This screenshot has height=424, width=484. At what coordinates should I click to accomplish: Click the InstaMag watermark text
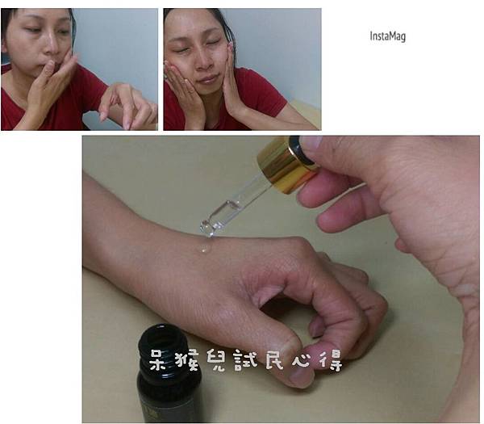388,36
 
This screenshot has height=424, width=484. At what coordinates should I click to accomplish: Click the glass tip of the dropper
207,228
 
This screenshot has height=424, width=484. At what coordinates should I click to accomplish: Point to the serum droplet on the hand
205,248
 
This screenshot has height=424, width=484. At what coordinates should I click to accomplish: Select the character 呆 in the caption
161,359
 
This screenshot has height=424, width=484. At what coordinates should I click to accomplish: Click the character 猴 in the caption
187,359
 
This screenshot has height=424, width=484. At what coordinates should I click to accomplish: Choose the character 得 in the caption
331,359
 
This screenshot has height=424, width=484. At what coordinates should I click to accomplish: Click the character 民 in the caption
274,359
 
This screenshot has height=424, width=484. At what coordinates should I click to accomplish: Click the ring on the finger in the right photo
191,92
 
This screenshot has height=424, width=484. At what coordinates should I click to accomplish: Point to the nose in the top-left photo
52,44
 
